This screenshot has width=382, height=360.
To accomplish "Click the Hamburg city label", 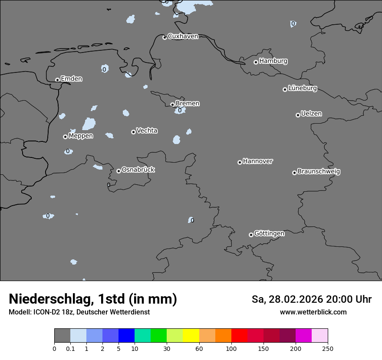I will coord(273,61).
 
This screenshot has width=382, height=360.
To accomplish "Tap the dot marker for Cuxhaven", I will coord(165,38).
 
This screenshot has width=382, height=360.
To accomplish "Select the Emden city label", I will coord(71,79).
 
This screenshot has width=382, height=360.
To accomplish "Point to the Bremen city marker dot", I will coord(172,105).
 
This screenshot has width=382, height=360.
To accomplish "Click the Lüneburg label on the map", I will coord(302,88).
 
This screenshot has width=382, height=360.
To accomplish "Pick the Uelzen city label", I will coord(311,114).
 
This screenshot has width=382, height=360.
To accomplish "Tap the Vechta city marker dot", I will coord(133,132).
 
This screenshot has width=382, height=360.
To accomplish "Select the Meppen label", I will coord(81,136).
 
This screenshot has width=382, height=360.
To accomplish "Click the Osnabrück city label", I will coord(138,170).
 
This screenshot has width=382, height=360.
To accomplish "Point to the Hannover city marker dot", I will coord(240,163).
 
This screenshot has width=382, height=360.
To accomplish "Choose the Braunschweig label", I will coord(319,172).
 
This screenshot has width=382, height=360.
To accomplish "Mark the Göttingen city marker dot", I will coord(251,235).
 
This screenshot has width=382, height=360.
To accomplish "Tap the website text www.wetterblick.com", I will coord(313,312).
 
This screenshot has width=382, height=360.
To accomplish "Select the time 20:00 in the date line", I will coord(341,299).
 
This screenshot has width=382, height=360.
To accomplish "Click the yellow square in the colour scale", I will coord(191,336).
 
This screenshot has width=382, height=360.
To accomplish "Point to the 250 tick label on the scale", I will coord(328,348).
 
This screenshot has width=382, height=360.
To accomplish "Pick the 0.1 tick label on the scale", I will coord(70,348).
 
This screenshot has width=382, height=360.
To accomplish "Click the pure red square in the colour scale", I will coord(239,336).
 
